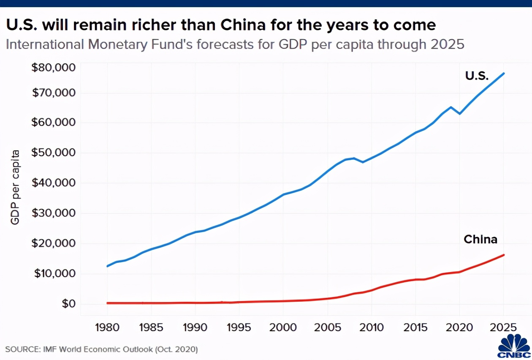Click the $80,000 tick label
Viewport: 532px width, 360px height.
tap(53, 68)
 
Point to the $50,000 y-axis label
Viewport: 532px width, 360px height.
tap(53, 153)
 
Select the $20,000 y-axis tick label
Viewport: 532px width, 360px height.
tap(53, 243)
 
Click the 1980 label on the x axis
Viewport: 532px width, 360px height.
tap(107, 328)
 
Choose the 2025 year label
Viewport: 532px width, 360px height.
tap(503, 328)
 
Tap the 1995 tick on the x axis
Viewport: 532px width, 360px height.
tap(239, 328)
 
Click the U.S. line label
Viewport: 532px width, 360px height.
tap(477, 76)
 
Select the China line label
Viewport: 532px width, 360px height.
tap(480, 240)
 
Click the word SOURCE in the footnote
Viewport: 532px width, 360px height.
tap(22, 350)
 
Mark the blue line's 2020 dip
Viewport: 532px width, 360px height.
tap(459, 114)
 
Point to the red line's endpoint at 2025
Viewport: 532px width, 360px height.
tap(504, 255)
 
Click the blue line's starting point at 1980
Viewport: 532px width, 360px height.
tap(107, 266)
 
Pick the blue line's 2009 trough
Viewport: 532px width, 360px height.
tap(363, 162)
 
